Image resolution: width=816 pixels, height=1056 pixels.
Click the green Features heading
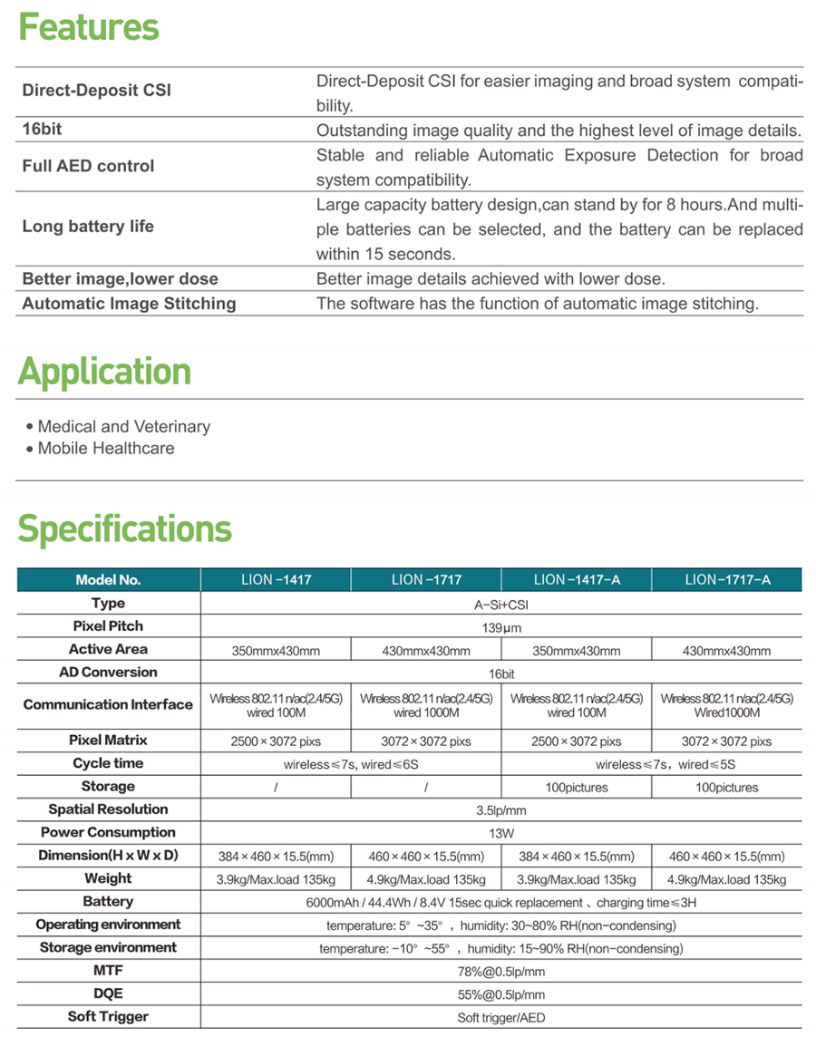point(89,27)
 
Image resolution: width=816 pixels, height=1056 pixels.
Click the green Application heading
point(104,372)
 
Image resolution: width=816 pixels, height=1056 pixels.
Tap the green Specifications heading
point(124,528)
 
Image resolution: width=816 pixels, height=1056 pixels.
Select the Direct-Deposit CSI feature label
point(96,91)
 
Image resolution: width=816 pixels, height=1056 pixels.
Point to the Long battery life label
point(88,227)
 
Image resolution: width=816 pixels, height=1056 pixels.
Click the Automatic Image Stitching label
point(129,304)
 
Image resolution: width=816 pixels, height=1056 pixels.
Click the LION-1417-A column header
point(577,580)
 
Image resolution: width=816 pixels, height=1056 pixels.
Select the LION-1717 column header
point(426,580)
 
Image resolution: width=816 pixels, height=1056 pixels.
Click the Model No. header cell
point(108,580)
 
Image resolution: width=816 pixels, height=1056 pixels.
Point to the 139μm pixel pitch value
point(500,627)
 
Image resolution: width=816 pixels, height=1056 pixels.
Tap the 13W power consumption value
point(500,833)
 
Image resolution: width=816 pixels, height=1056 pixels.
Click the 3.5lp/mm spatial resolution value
point(500,810)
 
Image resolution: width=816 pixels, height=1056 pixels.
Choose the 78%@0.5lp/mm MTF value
point(500,972)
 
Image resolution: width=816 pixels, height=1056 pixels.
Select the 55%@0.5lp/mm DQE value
point(500,994)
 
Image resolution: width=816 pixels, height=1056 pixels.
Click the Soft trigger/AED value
point(500,1017)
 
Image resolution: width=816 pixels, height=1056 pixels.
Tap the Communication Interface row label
point(108,704)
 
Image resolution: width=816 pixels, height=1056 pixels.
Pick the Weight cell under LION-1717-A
point(726,879)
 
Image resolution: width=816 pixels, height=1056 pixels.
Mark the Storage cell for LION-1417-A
point(577,788)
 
